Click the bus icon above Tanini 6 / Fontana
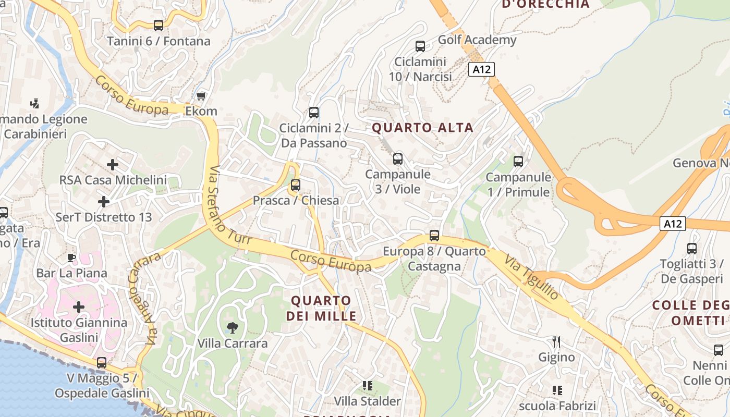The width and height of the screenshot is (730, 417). coord(159,25)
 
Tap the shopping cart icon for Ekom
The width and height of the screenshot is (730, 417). coord(201,96)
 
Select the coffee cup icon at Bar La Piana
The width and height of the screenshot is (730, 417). coord(71,257)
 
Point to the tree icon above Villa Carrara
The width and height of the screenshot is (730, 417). coord(233,328)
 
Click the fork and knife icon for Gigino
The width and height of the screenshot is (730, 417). coord(556,342)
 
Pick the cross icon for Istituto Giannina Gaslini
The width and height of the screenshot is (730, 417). coord(79,307)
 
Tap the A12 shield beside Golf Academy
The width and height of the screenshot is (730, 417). coord(481,69)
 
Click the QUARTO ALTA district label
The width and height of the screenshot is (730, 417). coord(422,128)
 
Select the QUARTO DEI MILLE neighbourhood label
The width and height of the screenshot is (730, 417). coord(321,308)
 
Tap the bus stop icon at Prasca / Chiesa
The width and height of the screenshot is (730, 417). coord(296,185)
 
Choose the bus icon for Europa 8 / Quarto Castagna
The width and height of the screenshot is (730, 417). coord(434,236)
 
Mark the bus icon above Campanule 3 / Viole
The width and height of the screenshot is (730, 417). coord(398,159)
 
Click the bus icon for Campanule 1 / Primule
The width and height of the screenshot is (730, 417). coord(518,162)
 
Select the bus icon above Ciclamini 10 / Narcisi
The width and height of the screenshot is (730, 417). coord(420,46)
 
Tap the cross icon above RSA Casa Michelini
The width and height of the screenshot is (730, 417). coord(113,165)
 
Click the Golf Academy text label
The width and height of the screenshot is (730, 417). coord(477,40)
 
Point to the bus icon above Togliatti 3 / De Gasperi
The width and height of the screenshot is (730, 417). coord(692,249)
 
